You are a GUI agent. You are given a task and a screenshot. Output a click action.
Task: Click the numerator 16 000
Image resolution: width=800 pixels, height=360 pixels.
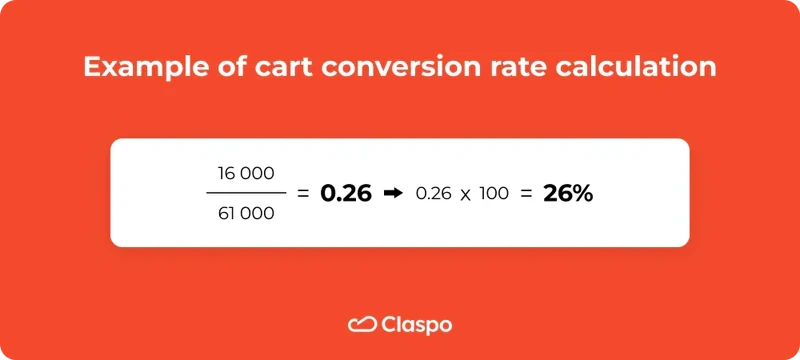pyautogui.click(x=245, y=173)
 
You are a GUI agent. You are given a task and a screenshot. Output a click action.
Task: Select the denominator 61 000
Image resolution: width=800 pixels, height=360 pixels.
pyautogui.click(x=245, y=213)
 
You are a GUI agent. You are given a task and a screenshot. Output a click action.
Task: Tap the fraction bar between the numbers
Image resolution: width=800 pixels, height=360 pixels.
pyautogui.click(x=245, y=193)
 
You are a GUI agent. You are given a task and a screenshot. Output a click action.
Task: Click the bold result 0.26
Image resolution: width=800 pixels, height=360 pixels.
pyautogui.click(x=345, y=193)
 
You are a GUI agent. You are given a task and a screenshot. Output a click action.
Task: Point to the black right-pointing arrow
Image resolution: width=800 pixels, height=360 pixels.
pyautogui.click(x=393, y=193)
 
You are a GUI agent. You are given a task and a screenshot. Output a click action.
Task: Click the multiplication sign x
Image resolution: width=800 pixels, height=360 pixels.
pyautogui.click(x=466, y=194)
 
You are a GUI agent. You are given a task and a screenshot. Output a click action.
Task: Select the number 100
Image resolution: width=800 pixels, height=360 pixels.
pyautogui.click(x=494, y=193)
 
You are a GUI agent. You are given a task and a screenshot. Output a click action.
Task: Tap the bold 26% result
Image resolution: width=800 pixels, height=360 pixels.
pyautogui.click(x=568, y=193)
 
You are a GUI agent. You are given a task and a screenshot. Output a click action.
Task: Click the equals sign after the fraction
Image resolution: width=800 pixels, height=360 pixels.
pyautogui.click(x=303, y=193)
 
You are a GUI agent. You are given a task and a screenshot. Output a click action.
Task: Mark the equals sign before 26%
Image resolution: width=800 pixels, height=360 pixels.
pyautogui.click(x=526, y=193)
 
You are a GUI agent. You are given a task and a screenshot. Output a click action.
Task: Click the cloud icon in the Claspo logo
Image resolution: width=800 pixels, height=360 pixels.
pyautogui.click(x=360, y=324)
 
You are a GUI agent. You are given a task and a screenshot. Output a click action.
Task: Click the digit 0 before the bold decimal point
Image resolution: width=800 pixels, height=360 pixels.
pyautogui.click(x=327, y=193)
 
